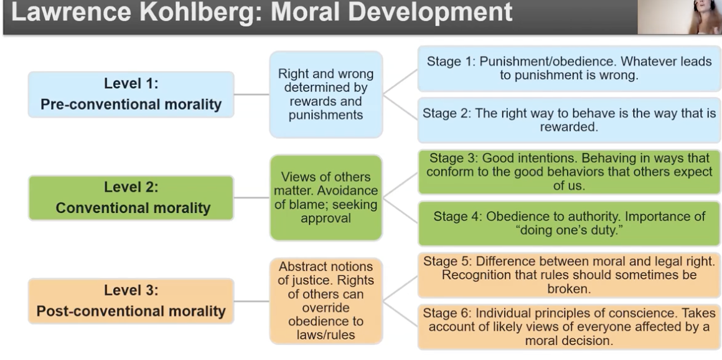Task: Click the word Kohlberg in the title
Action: [200, 12]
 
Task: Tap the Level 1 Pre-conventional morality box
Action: [131, 95]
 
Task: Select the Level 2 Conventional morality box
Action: [131, 197]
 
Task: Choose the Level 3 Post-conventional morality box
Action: [131, 301]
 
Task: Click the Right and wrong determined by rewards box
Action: [326, 95]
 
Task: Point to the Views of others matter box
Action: [326, 197]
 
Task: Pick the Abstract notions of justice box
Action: [326, 301]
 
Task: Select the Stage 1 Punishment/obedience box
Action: [569, 69]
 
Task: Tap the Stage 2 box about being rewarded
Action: [569, 120]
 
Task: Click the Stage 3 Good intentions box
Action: [569, 172]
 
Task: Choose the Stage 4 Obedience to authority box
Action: [569, 224]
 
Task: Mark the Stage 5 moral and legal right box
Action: [569, 275]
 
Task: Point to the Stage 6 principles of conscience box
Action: [569, 327]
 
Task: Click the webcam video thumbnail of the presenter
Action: [680, 17]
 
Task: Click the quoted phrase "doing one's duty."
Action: [569, 230]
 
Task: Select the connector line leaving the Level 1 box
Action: [251, 95]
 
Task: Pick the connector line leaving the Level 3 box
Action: [251, 301]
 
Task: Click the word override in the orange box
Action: [326, 308]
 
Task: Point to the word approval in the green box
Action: [326, 218]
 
